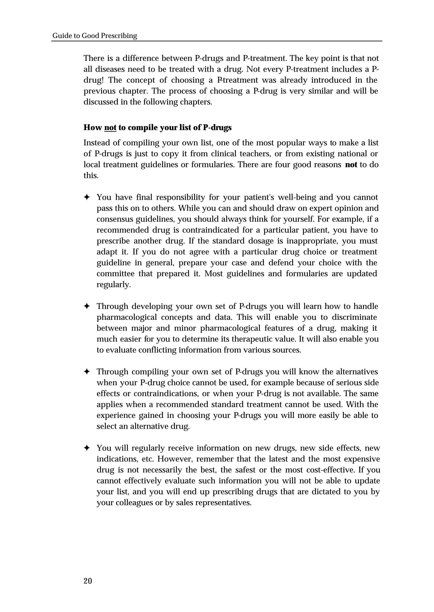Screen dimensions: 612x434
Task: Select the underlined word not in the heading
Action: (110, 128)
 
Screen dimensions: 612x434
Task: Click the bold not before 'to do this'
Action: (351, 165)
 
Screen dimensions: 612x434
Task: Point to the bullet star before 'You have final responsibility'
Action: (87, 197)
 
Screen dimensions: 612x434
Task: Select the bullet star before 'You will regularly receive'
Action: (87, 448)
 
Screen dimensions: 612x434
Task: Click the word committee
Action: (115, 274)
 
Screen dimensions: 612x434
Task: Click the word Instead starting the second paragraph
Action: (97, 143)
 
